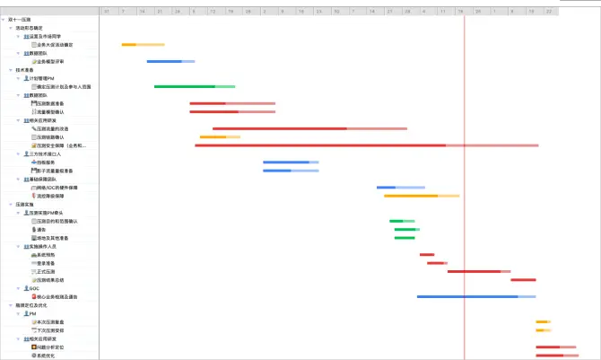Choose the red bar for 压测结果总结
[x=523, y=279]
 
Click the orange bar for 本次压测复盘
[x=543, y=321]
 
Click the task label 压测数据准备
[x=50, y=103]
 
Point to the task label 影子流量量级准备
[x=55, y=171]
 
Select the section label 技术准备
[x=25, y=69]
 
